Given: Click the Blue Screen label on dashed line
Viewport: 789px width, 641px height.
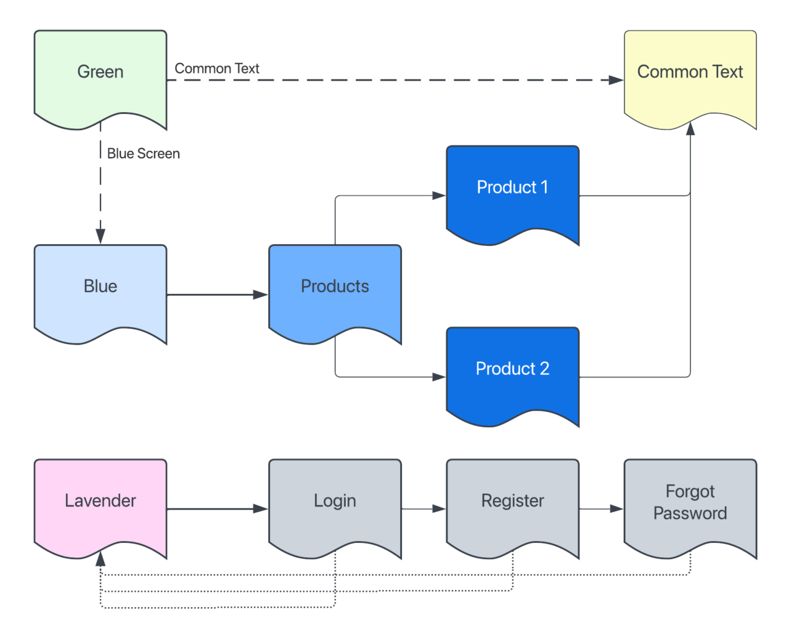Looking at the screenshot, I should tap(143, 153).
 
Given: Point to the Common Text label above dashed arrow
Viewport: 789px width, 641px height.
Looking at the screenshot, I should tap(217, 68).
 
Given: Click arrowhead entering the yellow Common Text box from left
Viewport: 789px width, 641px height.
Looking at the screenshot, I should tap(616, 80).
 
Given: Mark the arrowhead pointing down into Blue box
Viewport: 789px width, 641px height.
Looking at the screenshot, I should tap(100, 236).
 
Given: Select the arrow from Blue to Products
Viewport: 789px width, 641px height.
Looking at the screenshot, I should tap(216, 295).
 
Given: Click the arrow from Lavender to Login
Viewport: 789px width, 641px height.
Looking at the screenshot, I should tap(216, 509).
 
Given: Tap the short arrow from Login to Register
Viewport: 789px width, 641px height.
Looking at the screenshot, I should tap(423, 509).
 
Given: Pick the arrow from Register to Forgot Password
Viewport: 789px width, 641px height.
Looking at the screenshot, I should tap(601, 509).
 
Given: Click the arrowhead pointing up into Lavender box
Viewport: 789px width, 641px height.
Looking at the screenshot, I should tap(100, 559).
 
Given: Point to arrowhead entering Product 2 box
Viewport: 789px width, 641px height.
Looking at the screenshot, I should tap(438, 377).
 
